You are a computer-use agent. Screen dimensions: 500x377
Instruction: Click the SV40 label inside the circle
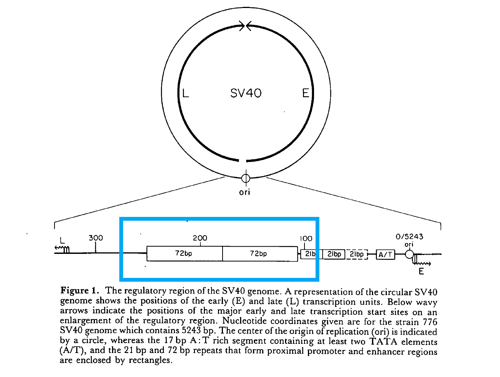pyautogui.click(x=246, y=93)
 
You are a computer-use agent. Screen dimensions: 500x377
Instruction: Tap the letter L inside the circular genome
pyautogui.click(x=186, y=93)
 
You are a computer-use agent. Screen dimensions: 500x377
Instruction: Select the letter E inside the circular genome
pyautogui.click(x=306, y=93)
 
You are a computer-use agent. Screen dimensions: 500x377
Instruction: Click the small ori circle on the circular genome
pyautogui.click(x=246, y=178)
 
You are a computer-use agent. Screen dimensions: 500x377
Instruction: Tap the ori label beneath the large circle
pyautogui.click(x=245, y=192)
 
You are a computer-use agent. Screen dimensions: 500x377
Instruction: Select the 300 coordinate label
pyautogui.click(x=96, y=238)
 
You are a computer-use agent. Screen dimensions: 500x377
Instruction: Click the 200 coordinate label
pyautogui.click(x=200, y=238)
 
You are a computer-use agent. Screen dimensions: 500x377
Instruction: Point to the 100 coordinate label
pyautogui.click(x=306, y=239)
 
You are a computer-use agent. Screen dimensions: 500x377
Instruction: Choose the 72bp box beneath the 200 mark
pyautogui.click(x=184, y=253)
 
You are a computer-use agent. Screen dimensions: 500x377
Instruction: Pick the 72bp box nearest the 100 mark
pyautogui.click(x=259, y=253)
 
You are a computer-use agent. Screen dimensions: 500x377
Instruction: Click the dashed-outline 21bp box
pyautogui.click(x=357, y=254)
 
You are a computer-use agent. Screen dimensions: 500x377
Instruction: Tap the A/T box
pyautogui.click(x=385, y=255)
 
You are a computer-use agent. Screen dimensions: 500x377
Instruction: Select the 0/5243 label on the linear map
pyautogui.click(x=409, y=237)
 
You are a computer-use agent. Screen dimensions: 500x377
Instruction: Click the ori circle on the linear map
pyautogui.click(x=409, y=254)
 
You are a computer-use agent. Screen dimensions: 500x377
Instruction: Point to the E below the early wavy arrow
pyautogui.click(x=421, y=271)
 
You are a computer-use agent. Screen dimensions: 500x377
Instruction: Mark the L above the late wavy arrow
pyautogui.click(x=62, y=241)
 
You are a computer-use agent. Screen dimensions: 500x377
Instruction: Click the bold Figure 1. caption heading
pyautogui.click(x=80, y=290)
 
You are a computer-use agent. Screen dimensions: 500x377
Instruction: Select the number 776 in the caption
pyautogui.click(x=429, y=321)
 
